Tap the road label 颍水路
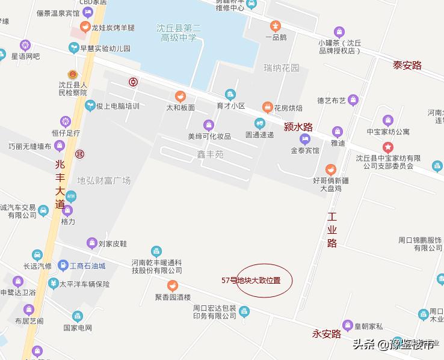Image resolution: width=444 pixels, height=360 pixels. [298, 127]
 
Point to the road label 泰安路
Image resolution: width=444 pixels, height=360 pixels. [407, 66]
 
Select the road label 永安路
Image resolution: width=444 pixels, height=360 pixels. [327, 334]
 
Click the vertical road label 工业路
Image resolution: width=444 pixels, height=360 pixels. [332, 230]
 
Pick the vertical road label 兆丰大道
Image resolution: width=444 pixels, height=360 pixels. [59, 184]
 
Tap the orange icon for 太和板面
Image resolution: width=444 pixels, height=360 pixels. [180, 96]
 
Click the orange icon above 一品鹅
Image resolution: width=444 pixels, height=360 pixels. [276, 26]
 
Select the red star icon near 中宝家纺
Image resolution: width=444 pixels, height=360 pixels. [388, 146]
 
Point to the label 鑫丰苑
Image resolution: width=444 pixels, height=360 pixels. [211, 154]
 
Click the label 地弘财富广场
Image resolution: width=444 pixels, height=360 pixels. [103, 180]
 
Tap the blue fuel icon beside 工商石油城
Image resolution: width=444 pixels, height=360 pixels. [63, 266]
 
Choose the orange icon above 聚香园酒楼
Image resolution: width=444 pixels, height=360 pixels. [172, 285]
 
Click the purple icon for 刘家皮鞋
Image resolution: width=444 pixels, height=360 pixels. [91, 243]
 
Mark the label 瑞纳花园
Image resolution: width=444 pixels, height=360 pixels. [281, 68]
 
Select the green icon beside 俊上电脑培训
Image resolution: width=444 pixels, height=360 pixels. [90, 106]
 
